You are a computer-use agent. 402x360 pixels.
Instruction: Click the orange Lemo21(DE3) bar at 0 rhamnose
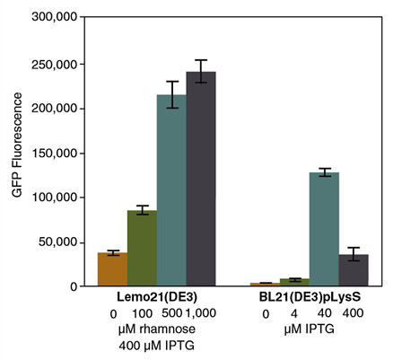pos(112,269)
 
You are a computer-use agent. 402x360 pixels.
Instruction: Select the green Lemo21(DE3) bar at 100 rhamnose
pos(142,249)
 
